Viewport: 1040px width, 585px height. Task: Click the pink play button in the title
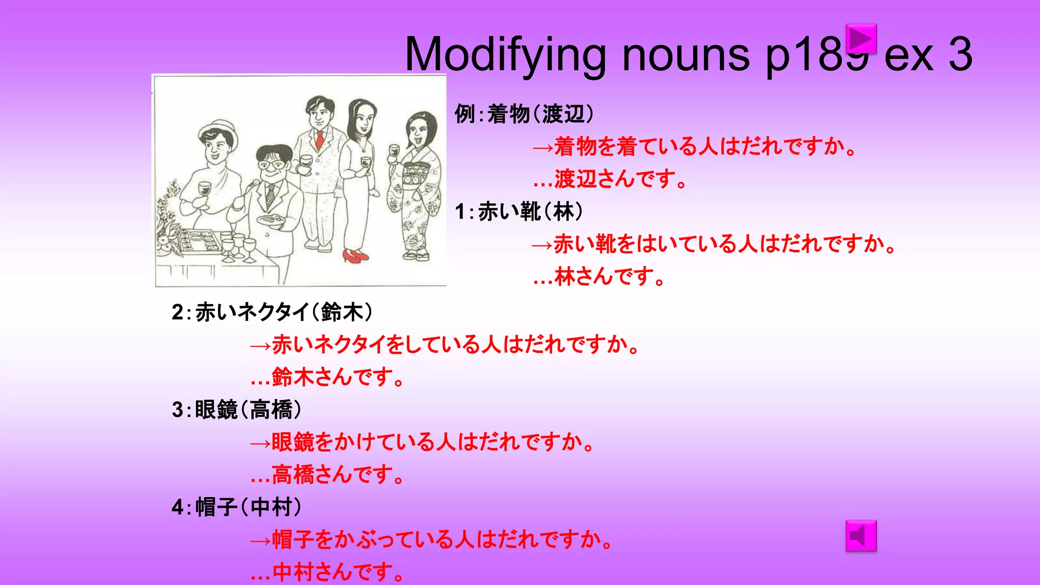coord(861,39)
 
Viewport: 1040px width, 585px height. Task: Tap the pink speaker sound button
coord(861,535)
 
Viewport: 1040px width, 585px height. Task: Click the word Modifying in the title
coord(505,55)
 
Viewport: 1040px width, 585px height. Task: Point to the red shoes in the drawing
coord(355,255)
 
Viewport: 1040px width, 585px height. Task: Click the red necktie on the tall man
coord(319,140)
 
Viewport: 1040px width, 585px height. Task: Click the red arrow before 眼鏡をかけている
coord(261,443)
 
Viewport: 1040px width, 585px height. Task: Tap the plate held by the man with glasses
coord(270,220)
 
